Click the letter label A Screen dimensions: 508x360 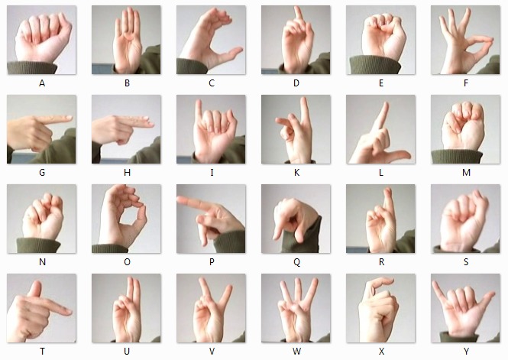[42, 83]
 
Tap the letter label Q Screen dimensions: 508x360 [296, 262]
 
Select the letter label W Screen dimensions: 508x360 [296, 352]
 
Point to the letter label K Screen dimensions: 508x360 [296, 173]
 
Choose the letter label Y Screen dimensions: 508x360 [466, 352]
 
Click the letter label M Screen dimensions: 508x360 [466, 173]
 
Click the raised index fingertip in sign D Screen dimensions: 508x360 [298, 8]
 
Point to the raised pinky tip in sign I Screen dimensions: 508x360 [199, 102]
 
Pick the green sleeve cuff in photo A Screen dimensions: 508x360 [32, 67]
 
